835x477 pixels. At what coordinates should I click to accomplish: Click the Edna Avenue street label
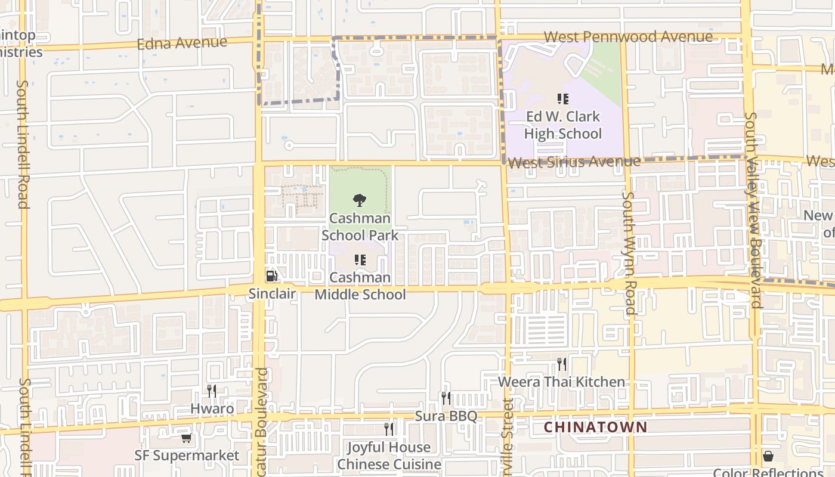click(182, 43)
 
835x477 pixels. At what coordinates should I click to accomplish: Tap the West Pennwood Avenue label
click(627, 37)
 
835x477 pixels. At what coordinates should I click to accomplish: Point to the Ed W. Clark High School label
click(562, 125)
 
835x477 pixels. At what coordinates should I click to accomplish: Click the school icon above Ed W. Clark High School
click(562, 99)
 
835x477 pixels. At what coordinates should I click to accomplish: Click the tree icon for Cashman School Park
click(359, 200)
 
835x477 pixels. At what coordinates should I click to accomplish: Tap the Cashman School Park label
click(360, 227)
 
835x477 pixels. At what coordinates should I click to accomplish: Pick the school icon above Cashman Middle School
click(360, 260)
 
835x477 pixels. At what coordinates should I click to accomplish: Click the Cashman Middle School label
click(360, 286)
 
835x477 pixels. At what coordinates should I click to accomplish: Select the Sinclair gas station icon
click(271, 276)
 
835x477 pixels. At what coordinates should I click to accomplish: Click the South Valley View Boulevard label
click(753, 210)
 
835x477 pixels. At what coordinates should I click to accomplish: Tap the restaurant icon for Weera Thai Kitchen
click(561, 364)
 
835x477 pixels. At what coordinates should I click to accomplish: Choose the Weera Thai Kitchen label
click(561, 382)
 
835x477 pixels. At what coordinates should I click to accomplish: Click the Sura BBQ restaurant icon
click(446, 398)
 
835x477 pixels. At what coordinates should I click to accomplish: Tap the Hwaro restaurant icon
click(212, 391)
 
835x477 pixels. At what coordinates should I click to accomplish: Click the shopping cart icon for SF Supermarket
click(186, 438)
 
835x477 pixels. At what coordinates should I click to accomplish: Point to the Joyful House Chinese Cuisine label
click(389, 456)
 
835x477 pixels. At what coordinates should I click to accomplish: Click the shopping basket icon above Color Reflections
click(768, 456)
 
